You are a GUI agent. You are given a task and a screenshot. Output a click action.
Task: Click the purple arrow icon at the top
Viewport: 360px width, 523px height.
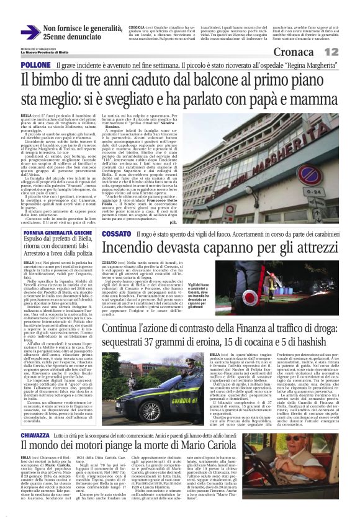30,33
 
